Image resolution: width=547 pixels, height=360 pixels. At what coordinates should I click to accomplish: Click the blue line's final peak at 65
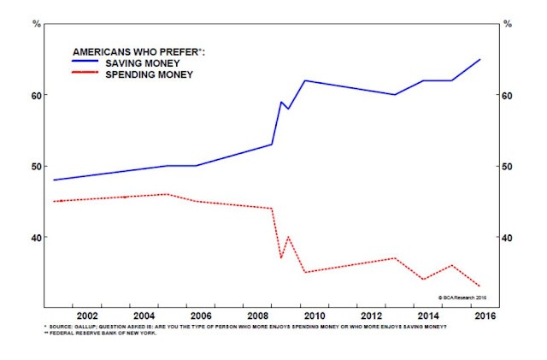click(480, 59)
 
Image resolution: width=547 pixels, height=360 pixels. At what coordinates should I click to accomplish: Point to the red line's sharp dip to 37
click(280, 257)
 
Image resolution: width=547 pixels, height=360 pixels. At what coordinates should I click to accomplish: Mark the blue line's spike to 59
click(281, 102)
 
